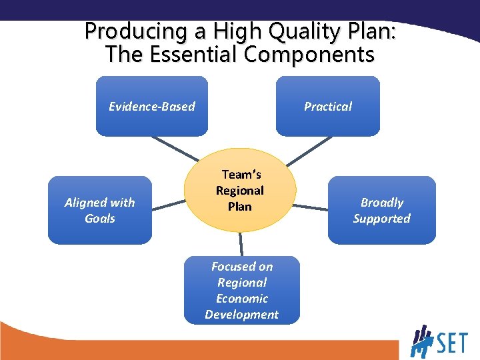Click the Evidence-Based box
coord(152,106)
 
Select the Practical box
coord(327,106)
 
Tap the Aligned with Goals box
coord(99,210)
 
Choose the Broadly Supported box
coord(381,210)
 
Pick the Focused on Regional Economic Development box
coord(241,290)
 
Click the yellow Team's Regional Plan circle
coord(240,190)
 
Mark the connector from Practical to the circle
coord(308,150)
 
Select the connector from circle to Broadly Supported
coord(311,209)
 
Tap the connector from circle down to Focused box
coord(241,244)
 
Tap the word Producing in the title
coord(126,31)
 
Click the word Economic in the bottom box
coord(241,298)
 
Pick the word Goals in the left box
coord(99,219)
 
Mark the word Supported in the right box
coord(381,219)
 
